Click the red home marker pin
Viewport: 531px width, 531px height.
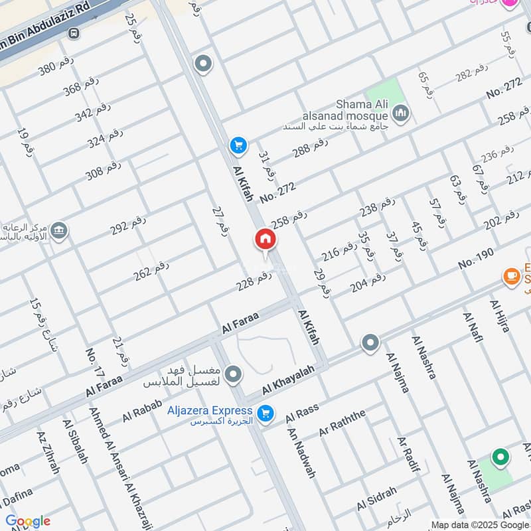tap(265, 240)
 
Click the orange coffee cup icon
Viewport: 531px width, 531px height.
tap(511, 275)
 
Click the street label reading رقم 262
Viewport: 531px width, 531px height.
tap(151, 269)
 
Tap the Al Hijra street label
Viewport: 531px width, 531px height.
tap(503, 317)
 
